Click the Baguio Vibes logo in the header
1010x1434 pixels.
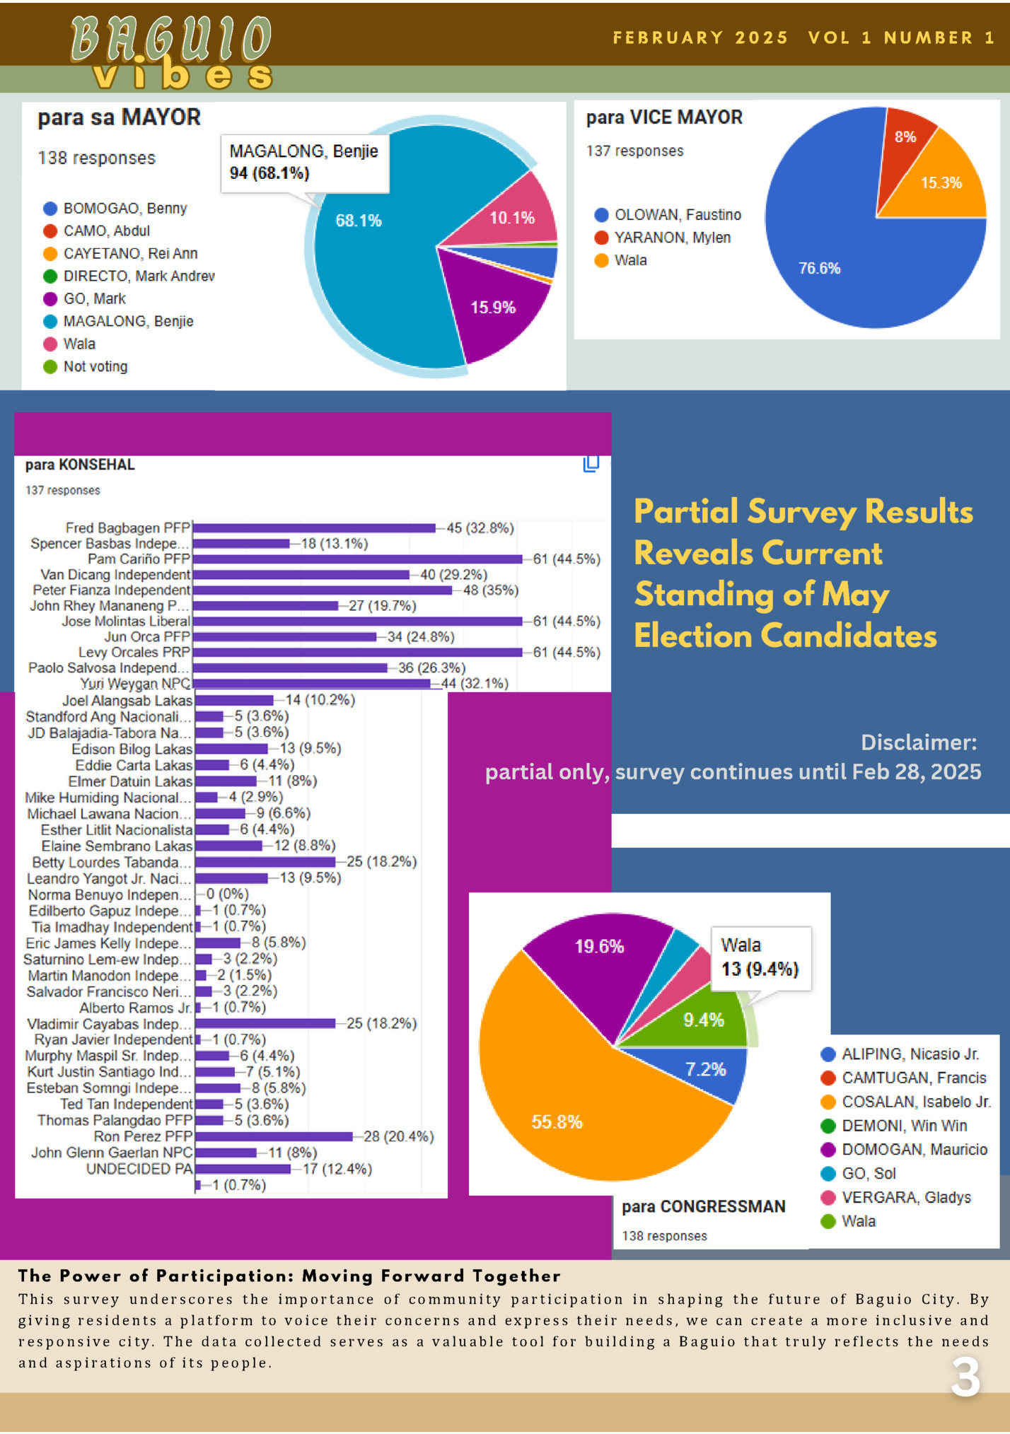[171, 53]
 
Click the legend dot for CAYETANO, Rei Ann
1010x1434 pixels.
[50, 254]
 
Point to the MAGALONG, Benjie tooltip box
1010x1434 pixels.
[305, 163]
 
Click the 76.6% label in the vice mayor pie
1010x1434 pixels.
[819, 269]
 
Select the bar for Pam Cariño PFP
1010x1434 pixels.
[357, 559]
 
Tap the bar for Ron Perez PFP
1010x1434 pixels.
[274, 1136]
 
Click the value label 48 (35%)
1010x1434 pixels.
[491, 590]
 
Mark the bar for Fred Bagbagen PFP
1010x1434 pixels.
[314, 528]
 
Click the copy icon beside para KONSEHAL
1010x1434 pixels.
[591, 464]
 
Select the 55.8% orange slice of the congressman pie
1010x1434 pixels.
[566, 1117]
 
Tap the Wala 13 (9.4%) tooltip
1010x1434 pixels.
[760, 957]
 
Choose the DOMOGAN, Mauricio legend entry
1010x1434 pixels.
[914, 1150]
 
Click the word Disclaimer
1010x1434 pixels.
[918, 742]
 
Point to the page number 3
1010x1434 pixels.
[965, 1377]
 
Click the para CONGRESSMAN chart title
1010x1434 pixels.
[703, 1206]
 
